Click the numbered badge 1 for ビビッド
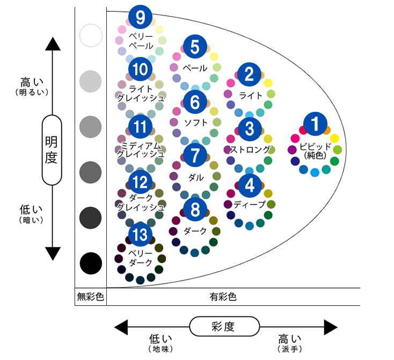pyautogui.click(x=316, y=124)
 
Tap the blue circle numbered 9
pyautogui.click(x=141, y=18)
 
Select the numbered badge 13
pyautogui.click(x=141, y=234)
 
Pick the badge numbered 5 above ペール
pyautogui.click(x=195, y=47)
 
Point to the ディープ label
pyautogui.click(x=250, y=204)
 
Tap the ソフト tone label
pyautogui.click(x=195, y=122)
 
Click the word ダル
pyautogui.click(x=195, y=176)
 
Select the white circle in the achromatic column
pyautogui.click(x=90, y=36)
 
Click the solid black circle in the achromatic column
pyautogui.click(x=90, y=263)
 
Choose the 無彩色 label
pyautogui.click(x=90, y=296)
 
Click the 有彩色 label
pyautogui.click(x=223, y=296)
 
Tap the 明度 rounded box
pyautogui.click(x=52, y=150)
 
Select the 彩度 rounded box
pyautogui.click(x=225, y=326)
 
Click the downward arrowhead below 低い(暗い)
pyautogui.click(x=52, y=253)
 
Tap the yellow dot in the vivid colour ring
pyautogui.click(x=334, y=138)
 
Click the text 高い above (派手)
pyautogui.click(x=290, y=339)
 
